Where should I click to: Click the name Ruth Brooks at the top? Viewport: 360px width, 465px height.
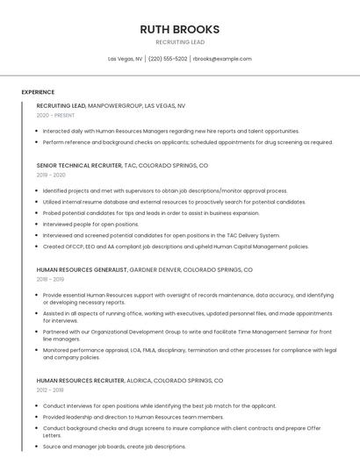point(179,29)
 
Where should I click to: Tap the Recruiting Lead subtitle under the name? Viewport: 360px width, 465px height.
point(179,42)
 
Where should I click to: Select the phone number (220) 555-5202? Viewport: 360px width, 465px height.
point(168,59)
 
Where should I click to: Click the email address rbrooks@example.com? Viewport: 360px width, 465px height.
point(221,59)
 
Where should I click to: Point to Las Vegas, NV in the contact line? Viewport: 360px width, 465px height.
point(125,59)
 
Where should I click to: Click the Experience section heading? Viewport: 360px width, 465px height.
point(38,92)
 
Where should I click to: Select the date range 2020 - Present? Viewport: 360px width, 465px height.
point(55,115)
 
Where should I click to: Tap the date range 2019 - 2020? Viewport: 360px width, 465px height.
point(51,175)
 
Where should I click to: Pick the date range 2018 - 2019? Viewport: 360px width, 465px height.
point(50,279)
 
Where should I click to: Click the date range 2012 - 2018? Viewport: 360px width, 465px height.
point(50,390)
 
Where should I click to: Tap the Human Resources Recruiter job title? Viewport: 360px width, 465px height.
point(80,381)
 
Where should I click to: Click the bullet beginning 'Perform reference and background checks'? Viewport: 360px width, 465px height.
point(187,142)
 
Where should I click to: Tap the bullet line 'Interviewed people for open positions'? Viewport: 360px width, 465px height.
point(90,224)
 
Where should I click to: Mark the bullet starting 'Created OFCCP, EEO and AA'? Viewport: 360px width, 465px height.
point(176,247)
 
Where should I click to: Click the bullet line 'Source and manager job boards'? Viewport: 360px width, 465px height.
point(114,447)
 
